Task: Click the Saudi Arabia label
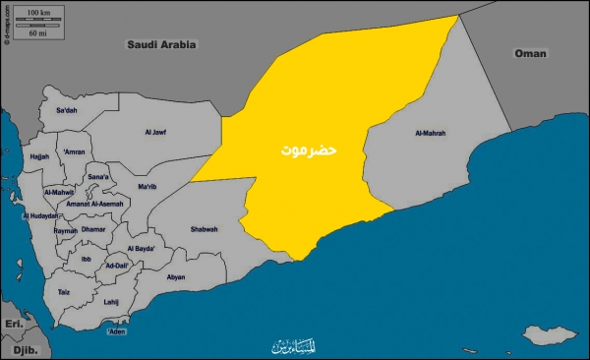(x=161, y=44)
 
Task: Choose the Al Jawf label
(x=157, y=130)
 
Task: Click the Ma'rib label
(x=147, y=187)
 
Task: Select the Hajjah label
(x=39, y=156)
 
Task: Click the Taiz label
(x=63, y=292)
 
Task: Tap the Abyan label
(x=177, y=277)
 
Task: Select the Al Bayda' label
(x=143, y=249)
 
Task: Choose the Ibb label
(x=86, y=260)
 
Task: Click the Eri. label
(x=14, y=323)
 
